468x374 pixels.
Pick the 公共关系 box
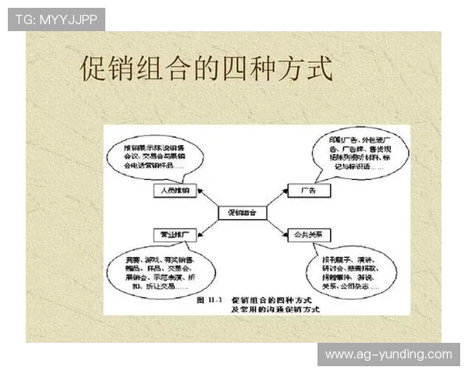pos(310,234)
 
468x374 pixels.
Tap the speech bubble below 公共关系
pos(343,272)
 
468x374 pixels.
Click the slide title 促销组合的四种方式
pos(206,69)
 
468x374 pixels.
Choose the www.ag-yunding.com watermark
pos(388,355)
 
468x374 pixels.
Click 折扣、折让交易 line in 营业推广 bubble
pos(153,284)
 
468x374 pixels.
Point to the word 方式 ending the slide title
pos(307,69)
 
